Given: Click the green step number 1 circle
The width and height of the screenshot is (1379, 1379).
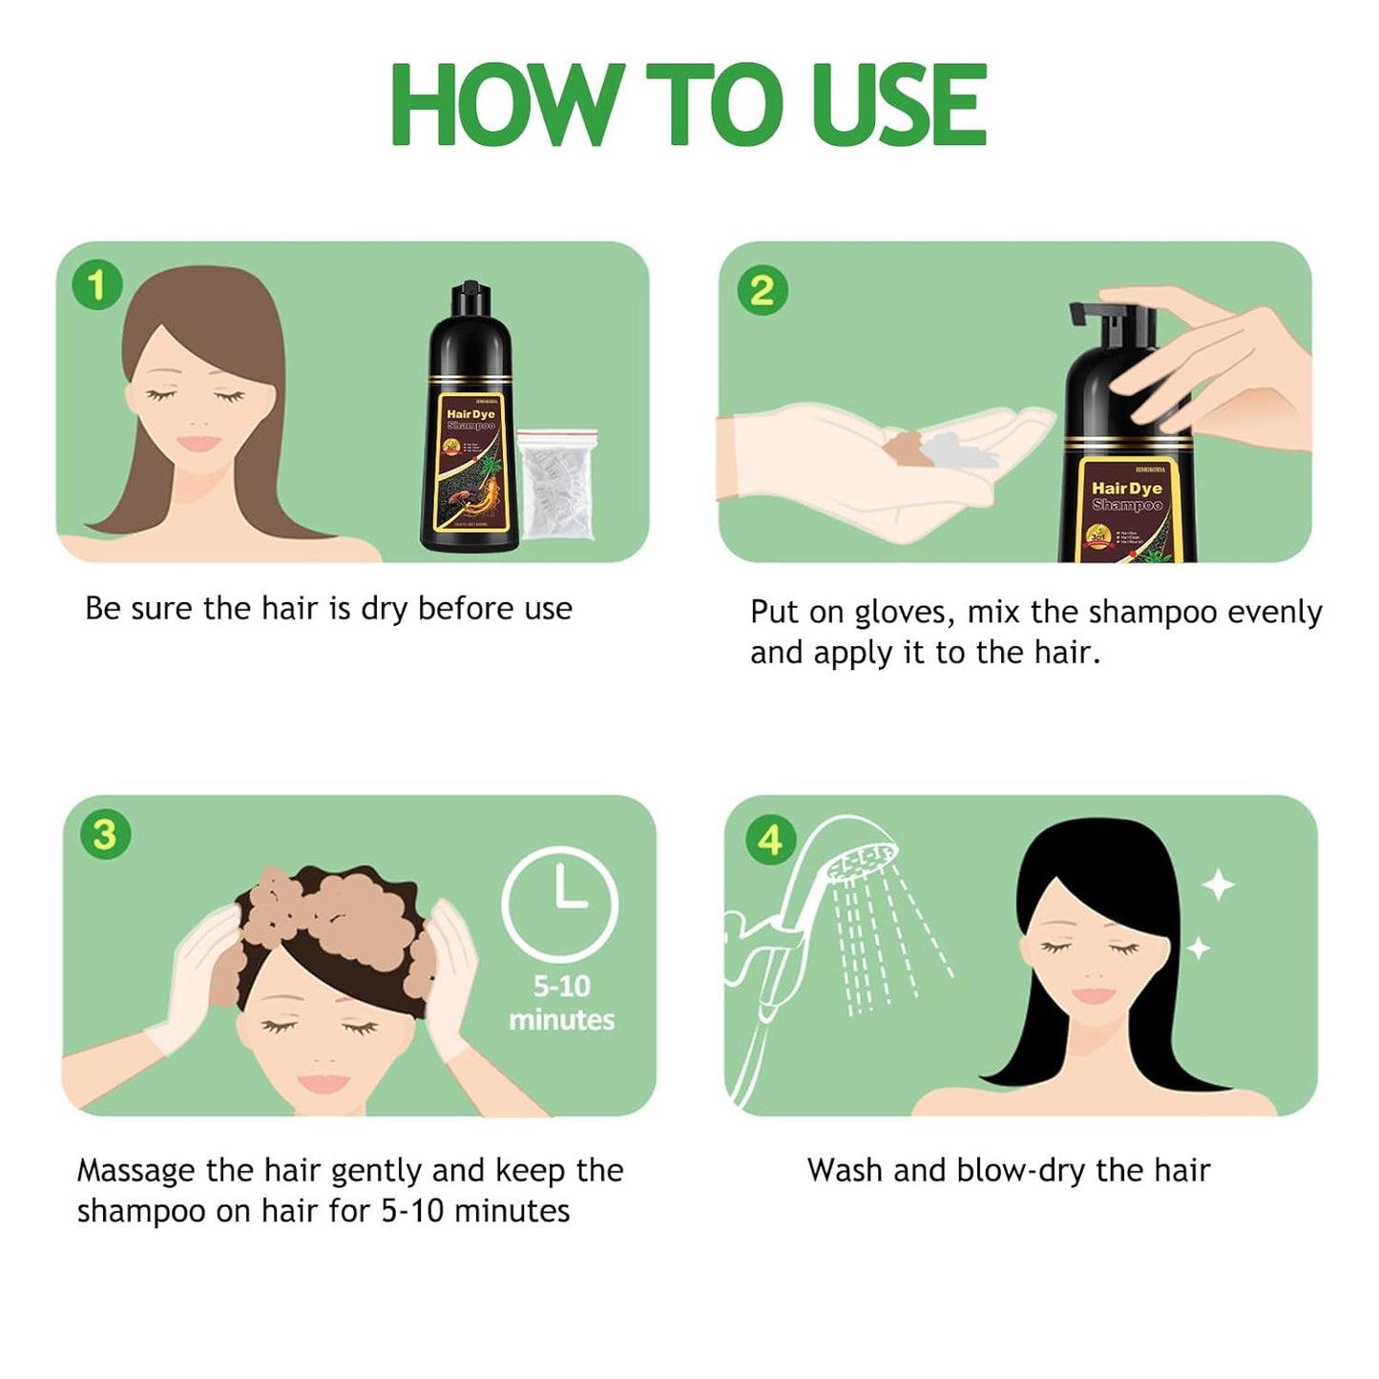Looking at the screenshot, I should point(96,284).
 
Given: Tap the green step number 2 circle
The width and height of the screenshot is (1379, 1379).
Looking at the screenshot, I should point(763,289).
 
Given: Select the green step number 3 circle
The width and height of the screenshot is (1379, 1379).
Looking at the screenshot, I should point(105,834).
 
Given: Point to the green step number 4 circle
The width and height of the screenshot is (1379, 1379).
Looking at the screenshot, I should point(769,840).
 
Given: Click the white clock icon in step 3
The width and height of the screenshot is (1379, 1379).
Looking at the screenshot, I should point(560,903).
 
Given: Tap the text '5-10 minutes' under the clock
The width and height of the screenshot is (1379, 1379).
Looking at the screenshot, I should point(561,1003).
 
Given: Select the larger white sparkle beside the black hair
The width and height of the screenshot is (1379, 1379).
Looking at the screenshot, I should point(1218,886).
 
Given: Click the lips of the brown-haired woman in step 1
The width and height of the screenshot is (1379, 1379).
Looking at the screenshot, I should point(198,444).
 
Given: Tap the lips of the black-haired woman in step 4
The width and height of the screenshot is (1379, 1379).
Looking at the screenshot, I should point(1093,995).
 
